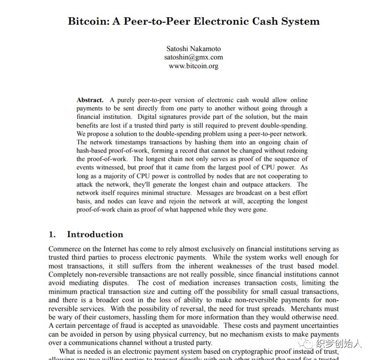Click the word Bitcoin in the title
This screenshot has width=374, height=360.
tap(86, 21)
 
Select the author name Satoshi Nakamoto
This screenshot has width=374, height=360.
tap(193, 48)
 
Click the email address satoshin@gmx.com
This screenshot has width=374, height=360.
tap(193, 57)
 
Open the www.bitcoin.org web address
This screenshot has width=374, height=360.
tap(193, 66)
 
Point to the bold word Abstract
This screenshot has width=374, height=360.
tap(90, 100)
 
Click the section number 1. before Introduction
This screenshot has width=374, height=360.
tap(52, 234)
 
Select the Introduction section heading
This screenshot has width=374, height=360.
tap(95, 234)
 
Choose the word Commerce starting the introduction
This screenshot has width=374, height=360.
tap(65, 249)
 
